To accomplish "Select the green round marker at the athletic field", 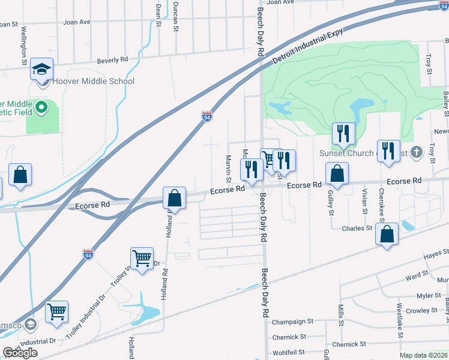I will (41, 108).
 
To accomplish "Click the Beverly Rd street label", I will (113, 60).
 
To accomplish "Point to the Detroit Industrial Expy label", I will (307, 47).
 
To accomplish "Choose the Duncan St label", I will (175, 13).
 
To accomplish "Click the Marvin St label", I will (229, 169).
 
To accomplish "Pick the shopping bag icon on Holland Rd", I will (174, 197).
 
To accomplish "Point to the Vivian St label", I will (364, 200).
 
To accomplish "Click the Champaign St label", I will (293, 322).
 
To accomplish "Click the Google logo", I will (20, 353).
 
